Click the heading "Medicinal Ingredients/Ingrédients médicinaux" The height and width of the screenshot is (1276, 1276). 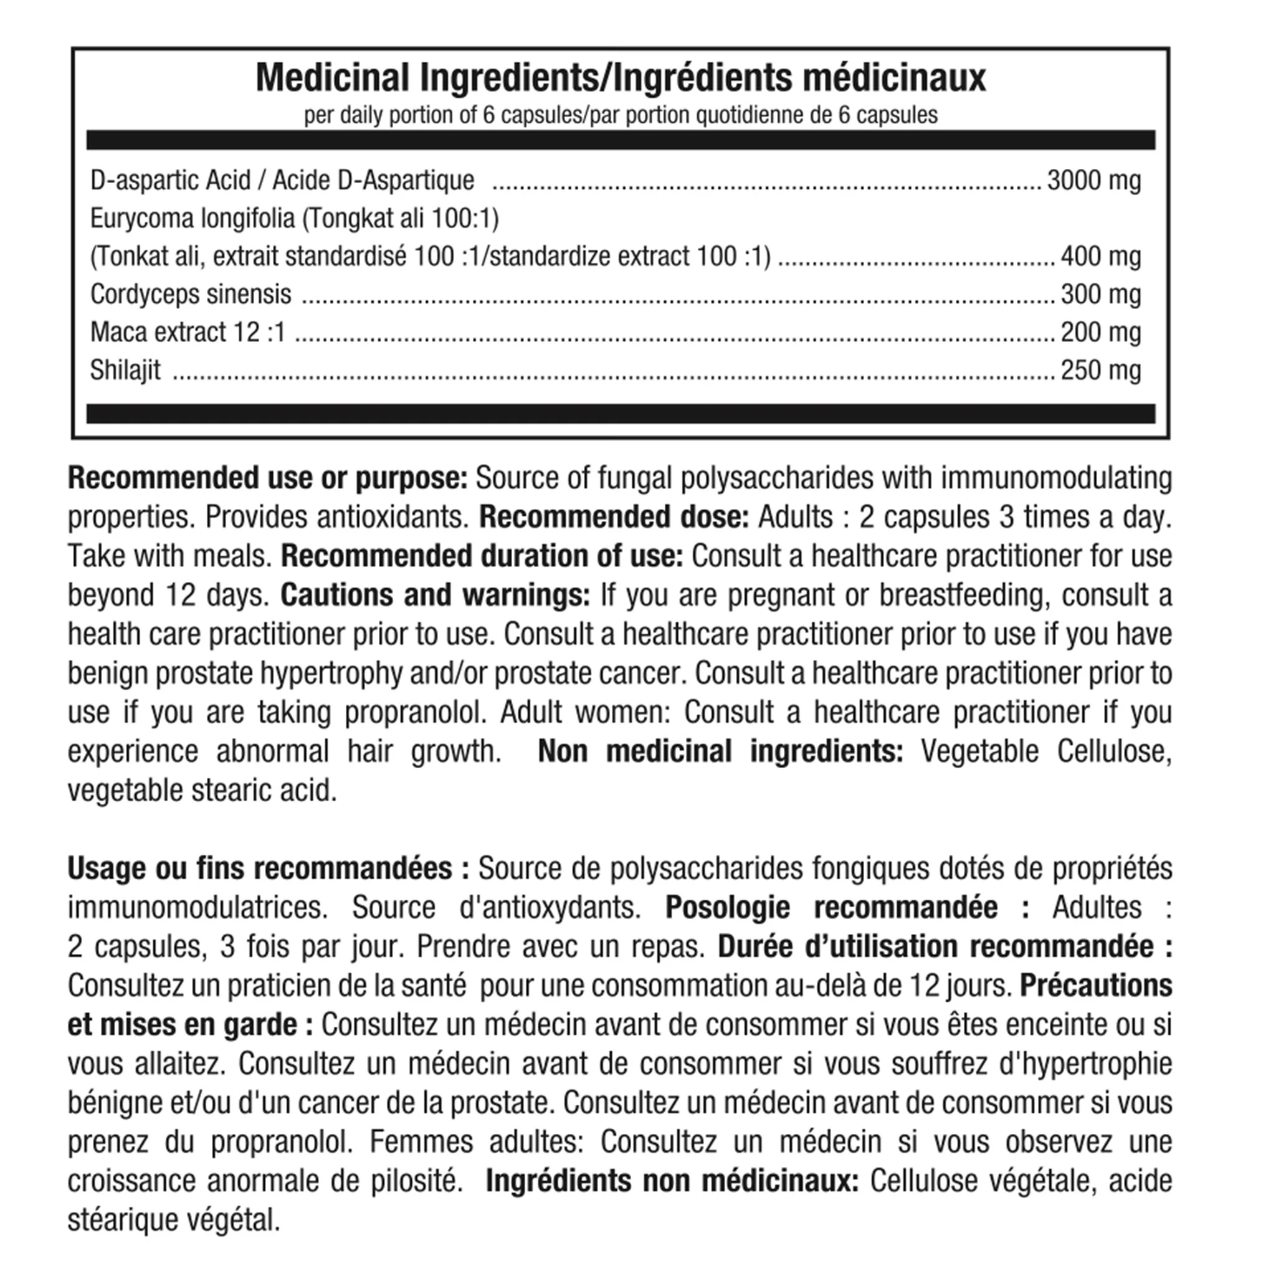tap(620, 78)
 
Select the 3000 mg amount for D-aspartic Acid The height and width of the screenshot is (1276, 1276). tap(1093, 180)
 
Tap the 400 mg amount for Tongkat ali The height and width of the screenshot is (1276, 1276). tap(1100, 256)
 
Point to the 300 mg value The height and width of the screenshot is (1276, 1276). tap(1100, 295)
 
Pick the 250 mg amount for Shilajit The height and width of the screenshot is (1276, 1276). tap(1100, 371)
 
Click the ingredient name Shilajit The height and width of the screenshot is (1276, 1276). tap(125, 371)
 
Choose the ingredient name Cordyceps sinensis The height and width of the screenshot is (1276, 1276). tap(190, 295)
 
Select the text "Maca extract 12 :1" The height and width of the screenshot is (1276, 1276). tap(188, 332)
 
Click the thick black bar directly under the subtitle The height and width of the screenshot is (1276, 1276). tap(620, 140)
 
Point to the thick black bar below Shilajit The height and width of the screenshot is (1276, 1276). tap(620, 414)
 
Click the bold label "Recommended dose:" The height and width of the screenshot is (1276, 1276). tap(614, 517)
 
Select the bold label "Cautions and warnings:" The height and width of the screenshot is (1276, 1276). tap(435, 595)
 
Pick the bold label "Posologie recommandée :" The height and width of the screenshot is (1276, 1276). tap(847, 907)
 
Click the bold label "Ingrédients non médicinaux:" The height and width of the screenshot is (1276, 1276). tap(672, 1181)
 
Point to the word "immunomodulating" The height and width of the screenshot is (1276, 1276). tap(1056, 478)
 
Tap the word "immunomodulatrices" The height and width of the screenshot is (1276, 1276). tap(198, 907)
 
